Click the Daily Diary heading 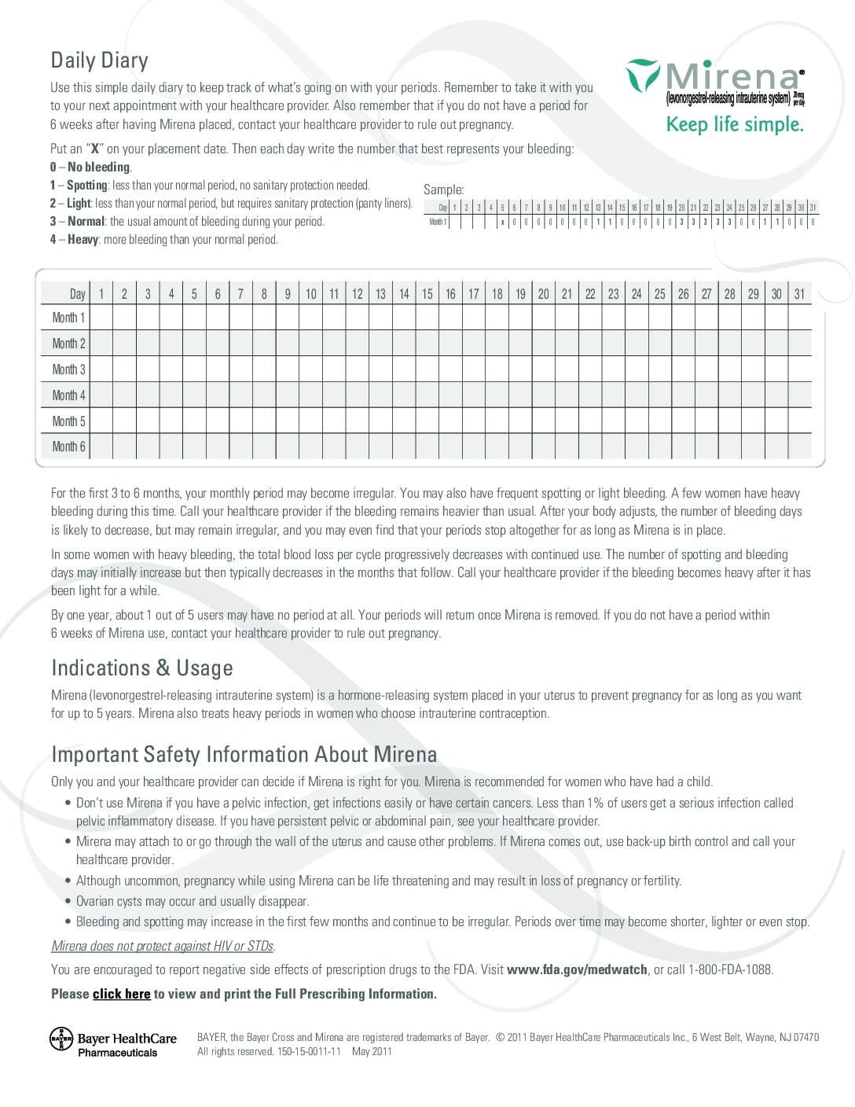tap(99, 61)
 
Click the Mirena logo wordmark tap(731, 76)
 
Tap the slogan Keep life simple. tap(734, 124)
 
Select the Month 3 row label tap(68, 369)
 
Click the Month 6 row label tap(68, 447)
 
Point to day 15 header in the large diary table tap(427, 294)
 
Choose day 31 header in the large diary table tap(799, 294)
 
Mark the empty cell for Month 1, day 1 tap(101, 318)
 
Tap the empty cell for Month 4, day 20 tap(543, 395)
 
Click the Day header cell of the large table tap(76, 294)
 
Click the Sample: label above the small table tap(443, 189)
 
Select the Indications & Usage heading tap(142, 668)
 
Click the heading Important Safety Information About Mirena tap(244, 754)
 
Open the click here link tap(121, 994)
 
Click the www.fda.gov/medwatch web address tap(577, 969)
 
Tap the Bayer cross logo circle tap(61, 1039)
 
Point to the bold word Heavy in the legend tap(82, 239)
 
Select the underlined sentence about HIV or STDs tap(163, 946)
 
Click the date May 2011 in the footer tap(372, 1051)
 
